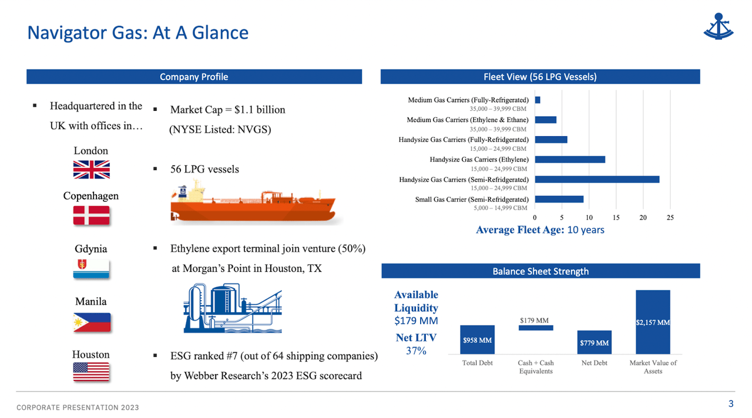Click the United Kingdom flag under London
pos(91,170)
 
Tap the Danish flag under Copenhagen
pos(91,215)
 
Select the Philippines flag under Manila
pos(91,322)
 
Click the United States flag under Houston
pos(91,372)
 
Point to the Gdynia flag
pos(91,268)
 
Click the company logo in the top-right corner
pos(719,26)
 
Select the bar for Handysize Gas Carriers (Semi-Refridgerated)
pos(597,179)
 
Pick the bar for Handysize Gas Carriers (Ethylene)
pos(570,159)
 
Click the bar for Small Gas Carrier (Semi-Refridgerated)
pos(559,199)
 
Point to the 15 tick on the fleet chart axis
pos(616,218)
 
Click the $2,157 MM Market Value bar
pos(652,322)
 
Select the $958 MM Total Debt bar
pos(477,339)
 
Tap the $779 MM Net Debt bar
pos(594,342)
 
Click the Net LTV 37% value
pos(416,350)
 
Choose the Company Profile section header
pos(194,77)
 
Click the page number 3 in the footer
pos(731,403)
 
